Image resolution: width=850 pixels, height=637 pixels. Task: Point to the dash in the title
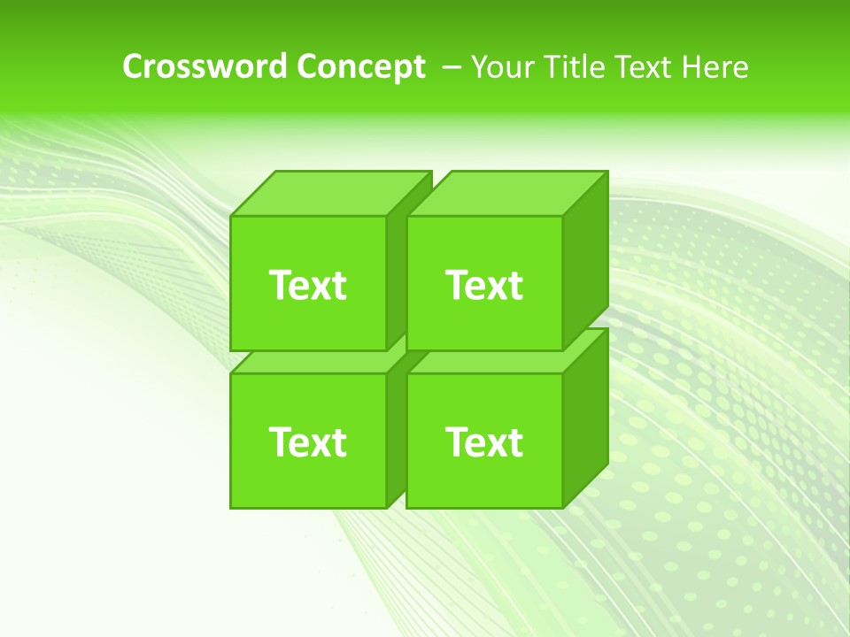(450, 66)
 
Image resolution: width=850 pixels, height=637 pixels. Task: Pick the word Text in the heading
(650, 66)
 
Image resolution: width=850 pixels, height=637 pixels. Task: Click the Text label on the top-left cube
(307, 285)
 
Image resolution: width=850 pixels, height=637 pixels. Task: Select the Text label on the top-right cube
(484, 285)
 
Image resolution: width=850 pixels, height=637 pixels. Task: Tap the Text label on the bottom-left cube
(307, 441)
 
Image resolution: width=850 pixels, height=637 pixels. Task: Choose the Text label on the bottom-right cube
(484, 441)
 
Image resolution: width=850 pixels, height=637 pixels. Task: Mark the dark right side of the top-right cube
(586, 261)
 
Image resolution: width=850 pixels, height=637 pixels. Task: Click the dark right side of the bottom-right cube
(586, 418)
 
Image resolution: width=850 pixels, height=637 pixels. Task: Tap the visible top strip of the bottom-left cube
(314, 362)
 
